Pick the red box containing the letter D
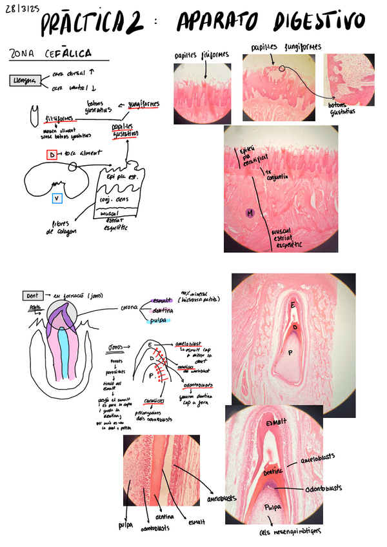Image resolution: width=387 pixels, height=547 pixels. pyautogui.click(x=52, y=154)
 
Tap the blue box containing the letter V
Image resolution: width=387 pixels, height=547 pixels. pyautogui.click(x=57, y=198)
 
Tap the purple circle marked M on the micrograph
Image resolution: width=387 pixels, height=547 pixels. pyautogui.click(x=249, y=212)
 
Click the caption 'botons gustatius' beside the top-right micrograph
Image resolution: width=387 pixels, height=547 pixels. pyautogui.click(x=342, y=108)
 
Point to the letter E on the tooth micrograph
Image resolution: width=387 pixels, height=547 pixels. pyautogui.click(x=293, y=304)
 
